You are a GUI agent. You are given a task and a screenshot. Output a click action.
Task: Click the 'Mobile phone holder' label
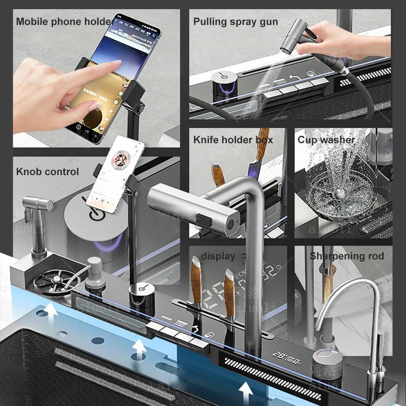tap(64, 21)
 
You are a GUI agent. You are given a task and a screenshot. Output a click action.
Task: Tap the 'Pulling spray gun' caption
tap(235, 21)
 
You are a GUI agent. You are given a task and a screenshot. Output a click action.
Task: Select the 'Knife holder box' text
tap(233, 140)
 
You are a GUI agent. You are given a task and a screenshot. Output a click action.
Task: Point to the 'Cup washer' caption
tap(326, 140)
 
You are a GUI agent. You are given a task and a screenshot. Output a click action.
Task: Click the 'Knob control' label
tap(48, 172)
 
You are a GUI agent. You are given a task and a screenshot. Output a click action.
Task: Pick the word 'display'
tap(218, 256)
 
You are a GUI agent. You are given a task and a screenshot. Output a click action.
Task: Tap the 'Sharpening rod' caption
tap(347, 256)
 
